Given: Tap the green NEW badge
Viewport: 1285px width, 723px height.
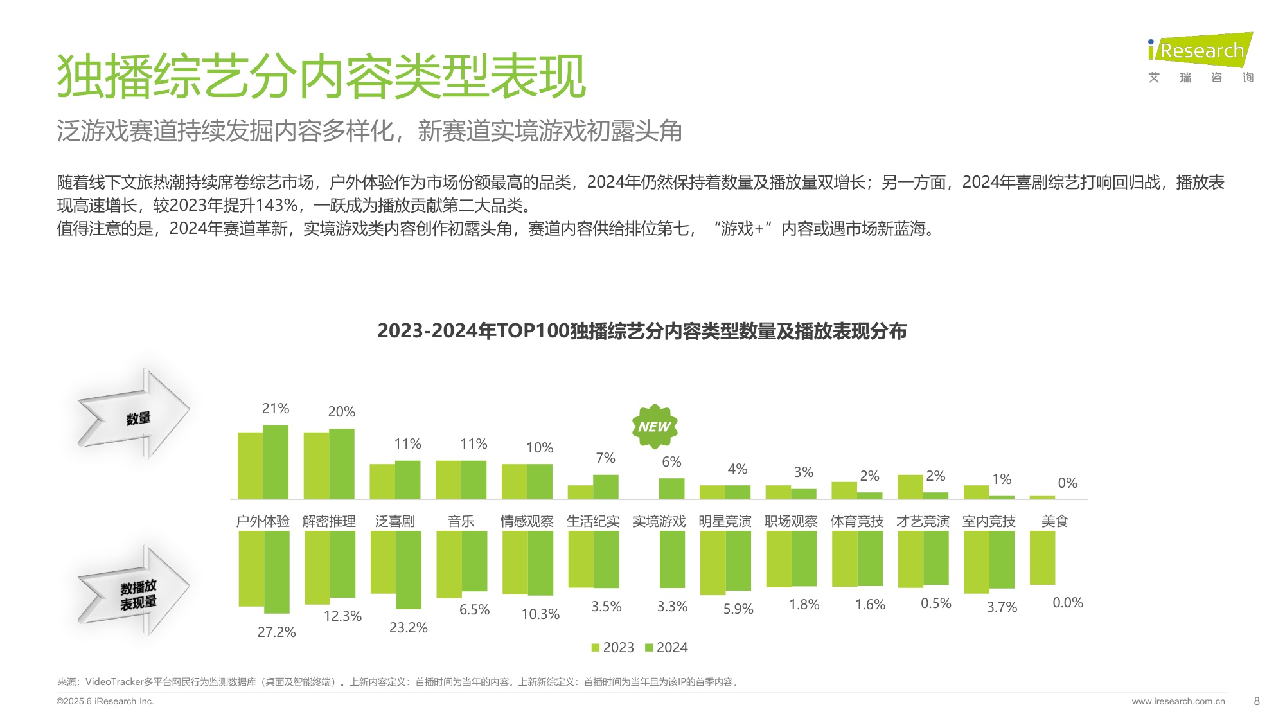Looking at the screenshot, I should pyautogui.click(x=654, y=426).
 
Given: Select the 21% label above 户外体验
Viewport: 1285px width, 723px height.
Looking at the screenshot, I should pyautogui.click(x=276, y=409).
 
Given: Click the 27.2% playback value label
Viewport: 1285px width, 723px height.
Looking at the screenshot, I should pyautogui.click(x=276, y=632).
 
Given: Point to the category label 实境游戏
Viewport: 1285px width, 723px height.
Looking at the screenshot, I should pyautogui.click(x=659, y=521).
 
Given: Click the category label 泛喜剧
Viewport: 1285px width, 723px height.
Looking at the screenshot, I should pyautogui.click(x=394, y=521).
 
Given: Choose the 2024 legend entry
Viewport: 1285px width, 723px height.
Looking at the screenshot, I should pyautogui.click(x=666, y=647).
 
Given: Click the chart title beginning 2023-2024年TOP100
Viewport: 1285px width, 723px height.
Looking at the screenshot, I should pyautogui.click(x=642, y=331).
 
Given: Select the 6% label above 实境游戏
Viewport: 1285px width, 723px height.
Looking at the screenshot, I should pyautogui.click(x=671, y=461).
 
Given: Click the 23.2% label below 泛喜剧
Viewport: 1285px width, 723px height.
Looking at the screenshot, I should pyautogui.click(x=408, y=627).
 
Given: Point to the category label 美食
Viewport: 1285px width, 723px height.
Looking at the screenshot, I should pyautogui.click(x=1054, y=521).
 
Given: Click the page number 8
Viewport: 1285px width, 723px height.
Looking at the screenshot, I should pyautogui.click(x=1257, y=701).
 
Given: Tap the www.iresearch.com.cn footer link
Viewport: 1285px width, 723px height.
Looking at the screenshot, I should pyautogui.click(x=1178, y=701).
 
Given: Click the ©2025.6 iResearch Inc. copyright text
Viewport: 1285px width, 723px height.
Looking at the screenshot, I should pyautogui.click(x=105, y=701).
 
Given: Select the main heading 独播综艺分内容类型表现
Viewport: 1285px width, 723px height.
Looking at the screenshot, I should pyautogui.click(x=321, y=76).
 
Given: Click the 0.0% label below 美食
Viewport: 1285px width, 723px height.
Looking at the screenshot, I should pyautogui.click(x=1067, y=603).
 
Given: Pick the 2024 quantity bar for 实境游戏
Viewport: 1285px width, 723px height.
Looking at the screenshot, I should pyautogui.click(x=671, y=488).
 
